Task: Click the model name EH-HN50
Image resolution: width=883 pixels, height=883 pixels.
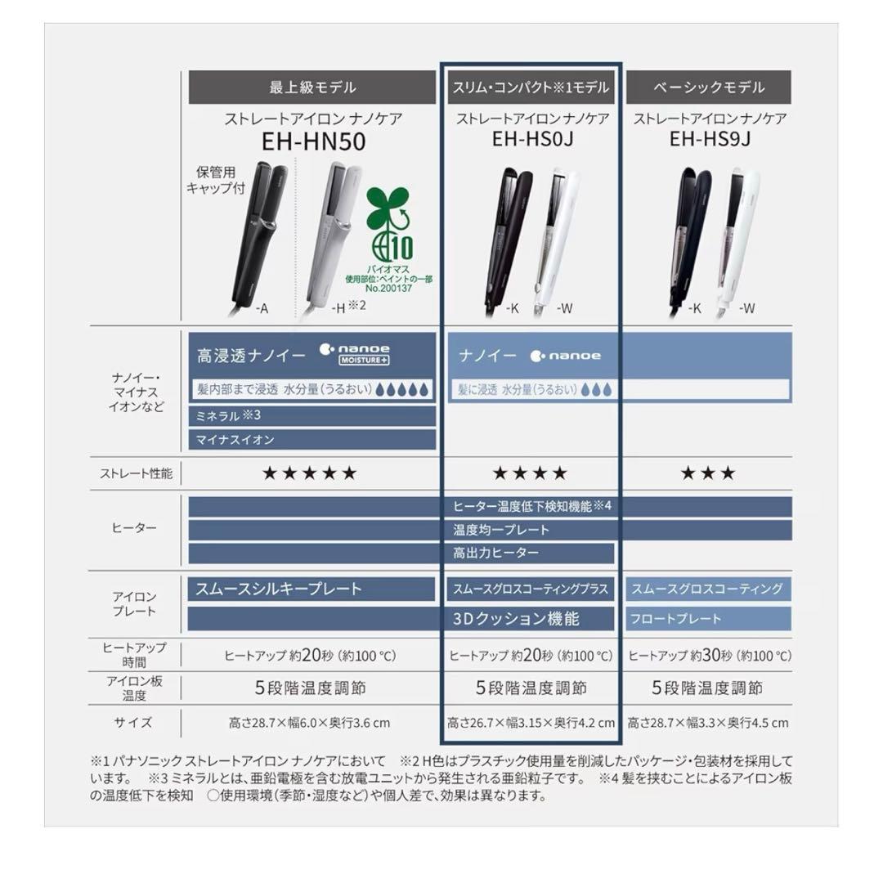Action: coord(313,142)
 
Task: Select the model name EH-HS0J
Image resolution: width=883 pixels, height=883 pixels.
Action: coord(532,139)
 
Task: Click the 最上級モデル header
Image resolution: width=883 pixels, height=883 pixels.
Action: coord(312,87)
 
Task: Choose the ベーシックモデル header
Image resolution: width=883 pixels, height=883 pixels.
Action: coord(709,87)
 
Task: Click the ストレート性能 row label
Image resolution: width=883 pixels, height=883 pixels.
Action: coord(136,473)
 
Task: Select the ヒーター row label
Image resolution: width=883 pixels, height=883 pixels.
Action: coord(134,528)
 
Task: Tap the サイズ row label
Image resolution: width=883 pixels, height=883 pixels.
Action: coord(135,723)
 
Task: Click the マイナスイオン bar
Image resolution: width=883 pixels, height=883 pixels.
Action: coord(312,439)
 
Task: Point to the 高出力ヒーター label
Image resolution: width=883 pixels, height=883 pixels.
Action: coord(496,554)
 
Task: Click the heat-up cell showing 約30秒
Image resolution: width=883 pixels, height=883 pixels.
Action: coord(709,656)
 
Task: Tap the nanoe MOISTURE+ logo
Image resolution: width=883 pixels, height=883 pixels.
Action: coord(355,354)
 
